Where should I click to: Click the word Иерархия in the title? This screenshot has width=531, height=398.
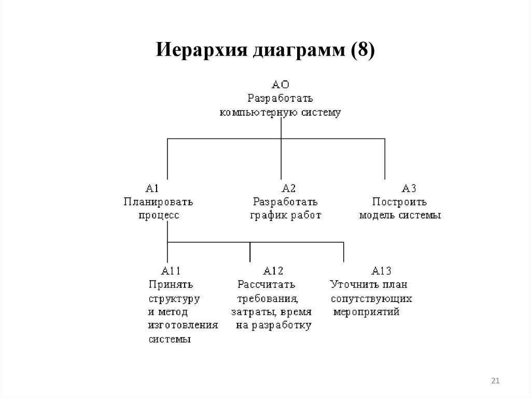point(201,52)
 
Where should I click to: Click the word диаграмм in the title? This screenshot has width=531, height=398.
point(298,52)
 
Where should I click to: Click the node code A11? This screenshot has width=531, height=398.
point(171,270)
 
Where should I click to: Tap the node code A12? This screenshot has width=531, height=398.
point(273,270)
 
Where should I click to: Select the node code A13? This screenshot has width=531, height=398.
point(381,270)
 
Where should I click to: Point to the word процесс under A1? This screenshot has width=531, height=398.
point(159,215)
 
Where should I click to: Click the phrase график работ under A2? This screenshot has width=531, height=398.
point(286,215)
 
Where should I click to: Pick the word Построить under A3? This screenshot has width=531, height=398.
point(399,202)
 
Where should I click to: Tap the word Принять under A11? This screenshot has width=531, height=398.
point(171,284)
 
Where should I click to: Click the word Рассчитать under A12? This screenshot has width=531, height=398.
point(266,284)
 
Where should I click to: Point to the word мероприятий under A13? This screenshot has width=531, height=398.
point(366,312)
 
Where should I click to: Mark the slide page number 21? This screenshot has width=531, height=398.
point(495,382)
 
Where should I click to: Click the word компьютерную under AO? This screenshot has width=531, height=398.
point(250,113)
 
